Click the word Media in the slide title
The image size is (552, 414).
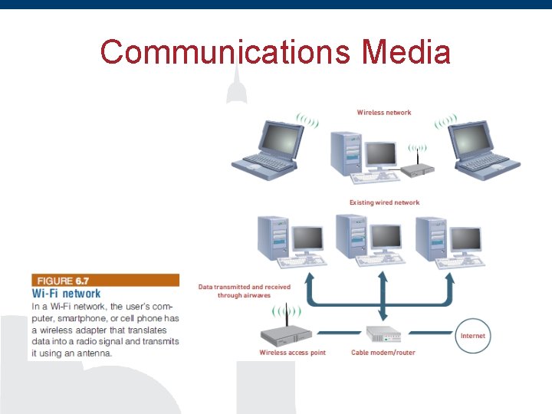406,52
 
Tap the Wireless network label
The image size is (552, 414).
384,113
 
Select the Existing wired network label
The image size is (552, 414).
384,202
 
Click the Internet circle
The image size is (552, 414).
473,336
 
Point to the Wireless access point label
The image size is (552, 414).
292,353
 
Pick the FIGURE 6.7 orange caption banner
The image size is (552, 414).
105,281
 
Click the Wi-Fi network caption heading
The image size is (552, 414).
66,293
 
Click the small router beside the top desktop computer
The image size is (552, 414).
419,169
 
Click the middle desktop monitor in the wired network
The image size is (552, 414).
386,237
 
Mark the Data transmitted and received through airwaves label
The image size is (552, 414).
245,291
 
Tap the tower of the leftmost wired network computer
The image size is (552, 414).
271,238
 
